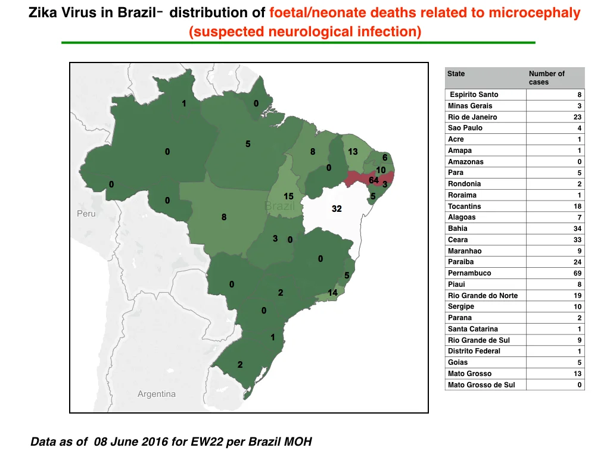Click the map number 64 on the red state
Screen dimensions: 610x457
(x=374, y=180)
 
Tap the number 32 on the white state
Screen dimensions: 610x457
(x=337, y=209)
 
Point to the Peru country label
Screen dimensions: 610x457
(x=86, y=214)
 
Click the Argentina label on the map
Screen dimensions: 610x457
(x=157, y=394)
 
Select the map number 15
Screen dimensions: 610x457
(x=288, y=196)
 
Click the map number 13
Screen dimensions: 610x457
(x=353, y=152)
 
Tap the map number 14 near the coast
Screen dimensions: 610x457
(x=332, y=293)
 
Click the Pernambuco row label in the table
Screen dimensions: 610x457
(x=469, y=273)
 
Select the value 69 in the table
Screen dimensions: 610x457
(x=577, y=273)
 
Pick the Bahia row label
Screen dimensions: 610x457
(x=457, y=228)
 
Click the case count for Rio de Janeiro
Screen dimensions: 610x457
(x=577, y=117)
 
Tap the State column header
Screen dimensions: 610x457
(x=456, y=73)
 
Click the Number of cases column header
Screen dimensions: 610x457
(x=547, y=78)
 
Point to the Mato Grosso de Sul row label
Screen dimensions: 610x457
(x=481, y=385)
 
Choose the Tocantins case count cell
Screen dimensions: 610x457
(x=577, y=206)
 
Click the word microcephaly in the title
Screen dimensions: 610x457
(x=534, y=13)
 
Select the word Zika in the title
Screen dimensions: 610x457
(x=42, y=12)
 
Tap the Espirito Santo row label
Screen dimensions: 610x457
(x=474, y=95)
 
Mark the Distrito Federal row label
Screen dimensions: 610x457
(x=474, y=351)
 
